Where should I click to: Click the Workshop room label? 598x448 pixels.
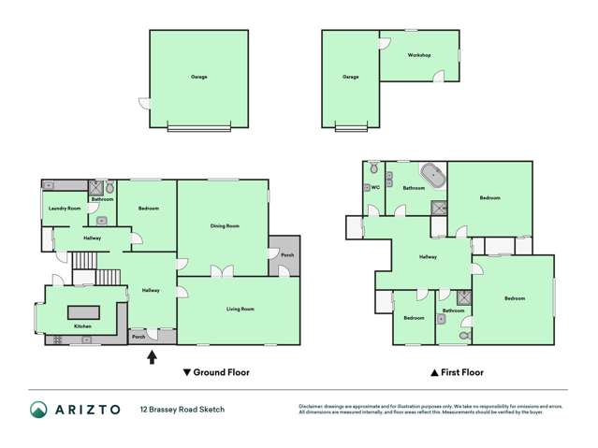pyautogui.click(x=419, y=55)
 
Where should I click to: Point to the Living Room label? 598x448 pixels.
pyautogui.click(x=241, y=309)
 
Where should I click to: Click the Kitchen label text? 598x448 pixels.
pyautogui.click(x=82, y=326)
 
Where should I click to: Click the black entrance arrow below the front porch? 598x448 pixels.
pyautogui.click(x=153, y=355)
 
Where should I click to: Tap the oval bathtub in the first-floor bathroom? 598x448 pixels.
pyautogui.click(x=431, y=174)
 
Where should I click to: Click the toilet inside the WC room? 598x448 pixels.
pyautogui.click(x=374, y=169)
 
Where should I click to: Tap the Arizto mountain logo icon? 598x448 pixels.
pyautogui.click(x=39, y=409)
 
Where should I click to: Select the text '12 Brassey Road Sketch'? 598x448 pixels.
pyautogui.click(x=182, y=409)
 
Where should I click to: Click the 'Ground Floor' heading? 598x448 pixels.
pyautogui.click(x=221, y=372)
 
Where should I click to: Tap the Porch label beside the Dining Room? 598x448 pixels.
pyautogui.click(x=287, y=254)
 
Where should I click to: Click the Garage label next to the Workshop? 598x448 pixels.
pyautogui.click(x=350, y=77)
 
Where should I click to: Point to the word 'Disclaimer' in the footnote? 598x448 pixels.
pyautogui.click(x=314, y=405)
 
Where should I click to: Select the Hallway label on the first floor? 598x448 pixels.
pyautogui.click(x=428, y=256)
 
